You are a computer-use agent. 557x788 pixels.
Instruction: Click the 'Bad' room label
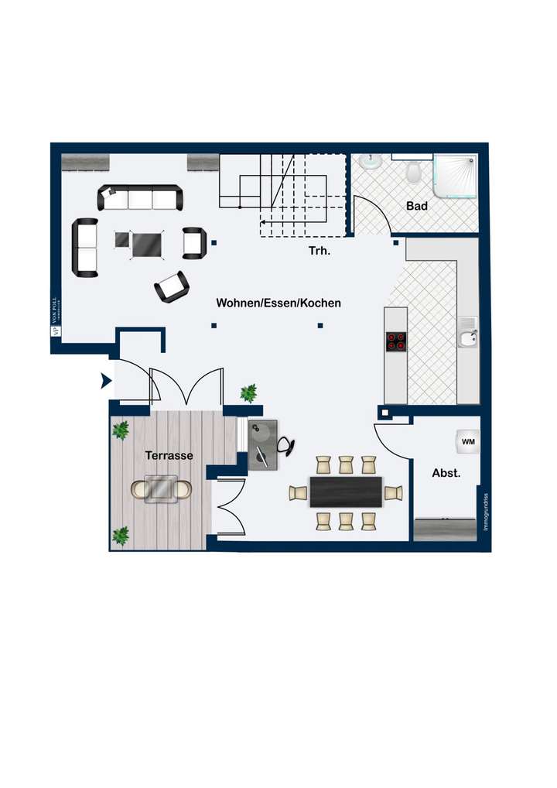tap(417, 207)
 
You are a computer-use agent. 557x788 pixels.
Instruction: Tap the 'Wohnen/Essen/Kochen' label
tap(278, 303)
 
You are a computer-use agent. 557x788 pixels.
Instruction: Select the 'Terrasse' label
tap(169, 456)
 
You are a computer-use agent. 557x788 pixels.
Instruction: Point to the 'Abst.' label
tap(446, 473)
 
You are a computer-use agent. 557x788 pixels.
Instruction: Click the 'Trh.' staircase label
tap(320, 252)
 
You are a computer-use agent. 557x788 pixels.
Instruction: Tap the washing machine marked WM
tap(467, 441)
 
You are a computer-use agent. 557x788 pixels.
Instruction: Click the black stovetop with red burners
tap(396, 341)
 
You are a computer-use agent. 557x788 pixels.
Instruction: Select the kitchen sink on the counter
tap(467, 337)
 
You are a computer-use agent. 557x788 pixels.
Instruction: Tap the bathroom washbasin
tap(372, 161)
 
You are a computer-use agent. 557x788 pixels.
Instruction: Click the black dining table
tap(346, 492)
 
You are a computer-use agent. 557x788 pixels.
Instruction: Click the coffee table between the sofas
tap(146, 245)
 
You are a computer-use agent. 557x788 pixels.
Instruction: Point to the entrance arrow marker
tap(104, 381)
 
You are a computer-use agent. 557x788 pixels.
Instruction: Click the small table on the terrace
tap(162, 488)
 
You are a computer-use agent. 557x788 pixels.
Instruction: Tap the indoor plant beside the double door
tap(248, 393)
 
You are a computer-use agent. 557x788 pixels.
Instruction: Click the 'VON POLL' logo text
tap(55, 313)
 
